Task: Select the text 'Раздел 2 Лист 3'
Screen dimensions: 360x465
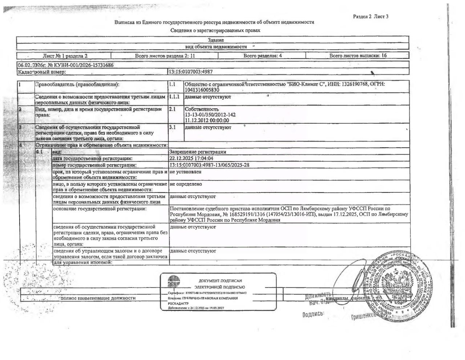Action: (371, 16)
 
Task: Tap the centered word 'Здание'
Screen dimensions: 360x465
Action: (216, 40)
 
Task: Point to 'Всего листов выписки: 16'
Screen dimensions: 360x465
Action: (357, 56)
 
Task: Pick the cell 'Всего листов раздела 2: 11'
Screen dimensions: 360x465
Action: (165, 56)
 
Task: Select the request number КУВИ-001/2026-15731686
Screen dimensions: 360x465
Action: (78, 65)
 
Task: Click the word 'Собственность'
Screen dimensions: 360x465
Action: (202, 109)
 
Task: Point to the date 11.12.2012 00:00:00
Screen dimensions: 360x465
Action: (207, 120)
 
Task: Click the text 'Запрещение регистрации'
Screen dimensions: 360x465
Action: (198, 152)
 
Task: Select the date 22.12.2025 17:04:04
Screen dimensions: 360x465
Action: (191, 158)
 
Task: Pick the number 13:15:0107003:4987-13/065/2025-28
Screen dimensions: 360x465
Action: (209, 165)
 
